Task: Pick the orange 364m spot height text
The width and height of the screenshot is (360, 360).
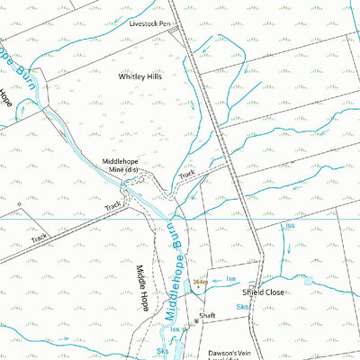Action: [200, 282]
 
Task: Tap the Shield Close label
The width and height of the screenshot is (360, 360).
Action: [263, 292]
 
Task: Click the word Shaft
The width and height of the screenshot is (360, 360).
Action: [208, 317]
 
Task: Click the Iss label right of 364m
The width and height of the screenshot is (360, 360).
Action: [231, 280]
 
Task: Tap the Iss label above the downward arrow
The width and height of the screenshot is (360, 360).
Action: [289, 225]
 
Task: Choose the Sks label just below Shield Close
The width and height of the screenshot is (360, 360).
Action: [242, 307]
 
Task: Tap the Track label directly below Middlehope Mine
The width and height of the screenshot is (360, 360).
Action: [112, 207]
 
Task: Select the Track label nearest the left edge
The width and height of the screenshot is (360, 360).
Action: [39, 239]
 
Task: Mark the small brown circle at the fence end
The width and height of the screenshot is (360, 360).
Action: [18, 204]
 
